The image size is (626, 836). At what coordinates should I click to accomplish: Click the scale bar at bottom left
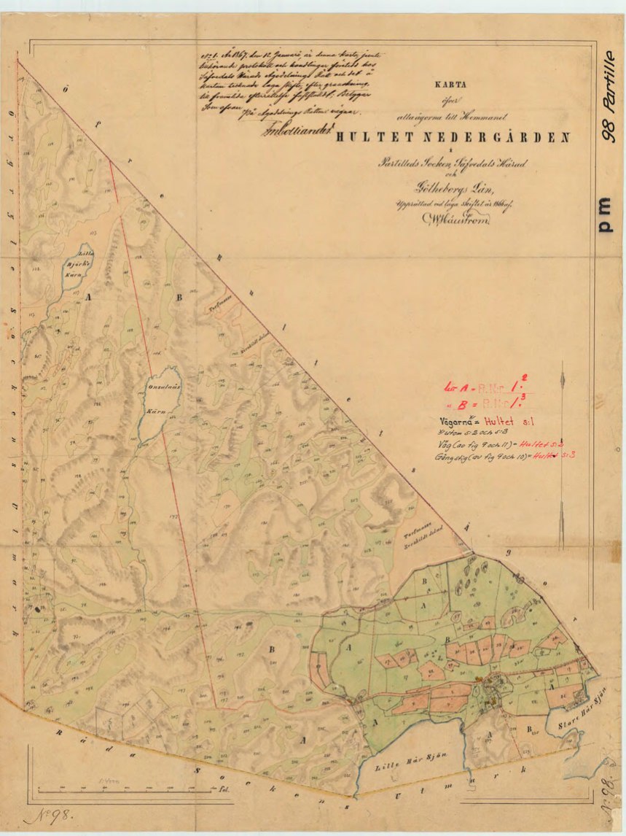click(x=131, y=789)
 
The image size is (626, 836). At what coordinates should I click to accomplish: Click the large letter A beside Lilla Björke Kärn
click(x=89, y=298)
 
